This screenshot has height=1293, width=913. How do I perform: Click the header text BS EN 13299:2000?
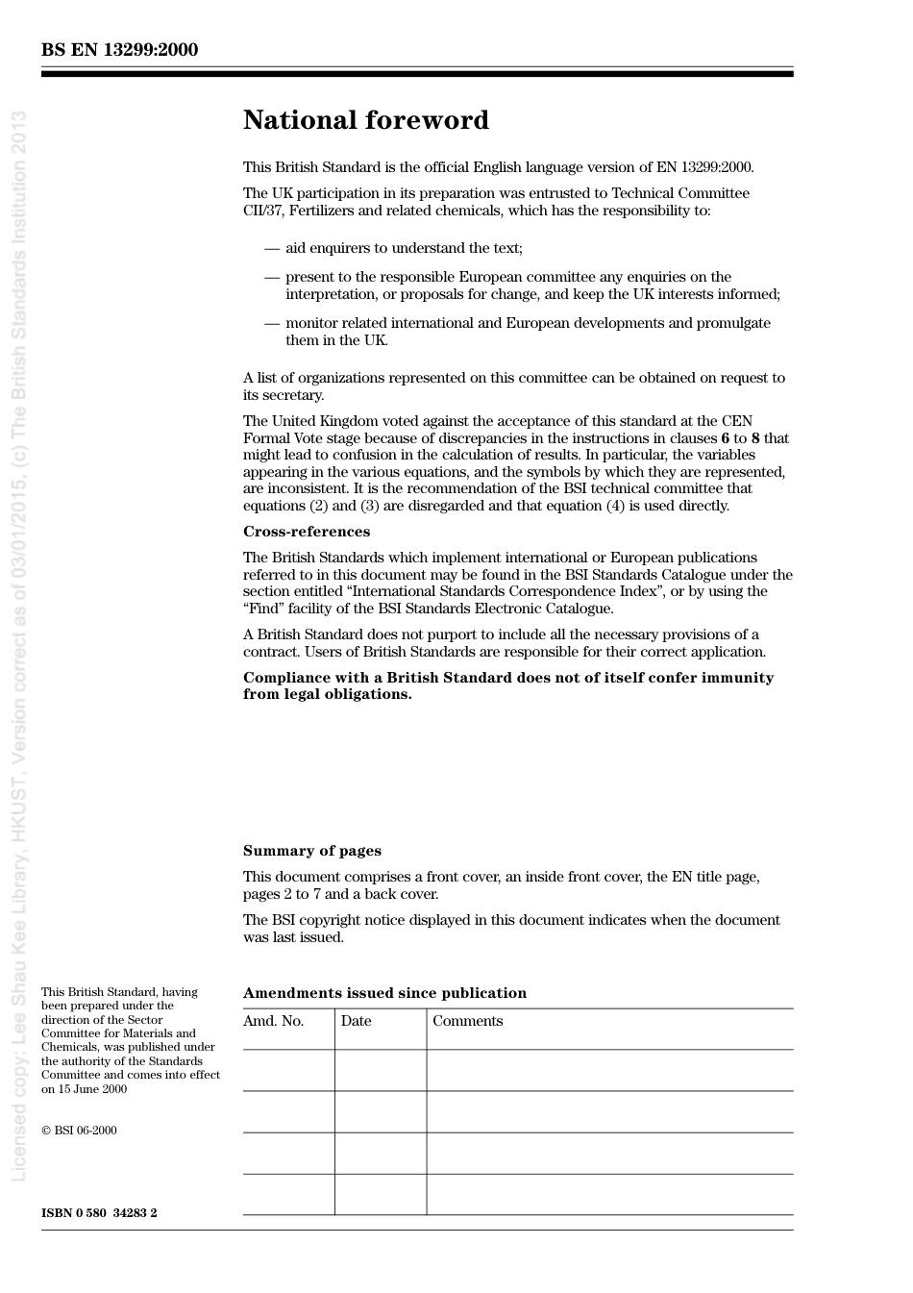point(119,50)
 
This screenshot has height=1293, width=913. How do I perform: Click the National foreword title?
point(366,120)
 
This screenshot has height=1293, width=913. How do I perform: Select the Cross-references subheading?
point(307,532)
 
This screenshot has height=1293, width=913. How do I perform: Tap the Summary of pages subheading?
point(312,851)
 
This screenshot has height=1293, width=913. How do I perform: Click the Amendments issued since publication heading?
point(384,993)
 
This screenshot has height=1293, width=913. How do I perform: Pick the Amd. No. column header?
point(274,1021)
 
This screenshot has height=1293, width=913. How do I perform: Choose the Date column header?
point(356,1021)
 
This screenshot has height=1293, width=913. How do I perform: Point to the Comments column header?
point(468,1021)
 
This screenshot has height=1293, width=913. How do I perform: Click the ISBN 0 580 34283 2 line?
point(99,1213)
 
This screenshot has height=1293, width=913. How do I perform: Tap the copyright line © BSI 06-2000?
point(79,1131)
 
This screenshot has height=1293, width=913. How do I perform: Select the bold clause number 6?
point(726,438)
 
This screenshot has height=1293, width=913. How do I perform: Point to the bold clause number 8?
point(755,438)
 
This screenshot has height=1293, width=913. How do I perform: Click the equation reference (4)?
point(616,506)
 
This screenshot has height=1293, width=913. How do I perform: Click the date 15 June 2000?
point(91,1089)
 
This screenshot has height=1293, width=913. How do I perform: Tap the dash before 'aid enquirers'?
point(272,248)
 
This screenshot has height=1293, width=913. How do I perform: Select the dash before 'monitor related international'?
point(272,323)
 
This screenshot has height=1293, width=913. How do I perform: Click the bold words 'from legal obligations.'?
point(327,694)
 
